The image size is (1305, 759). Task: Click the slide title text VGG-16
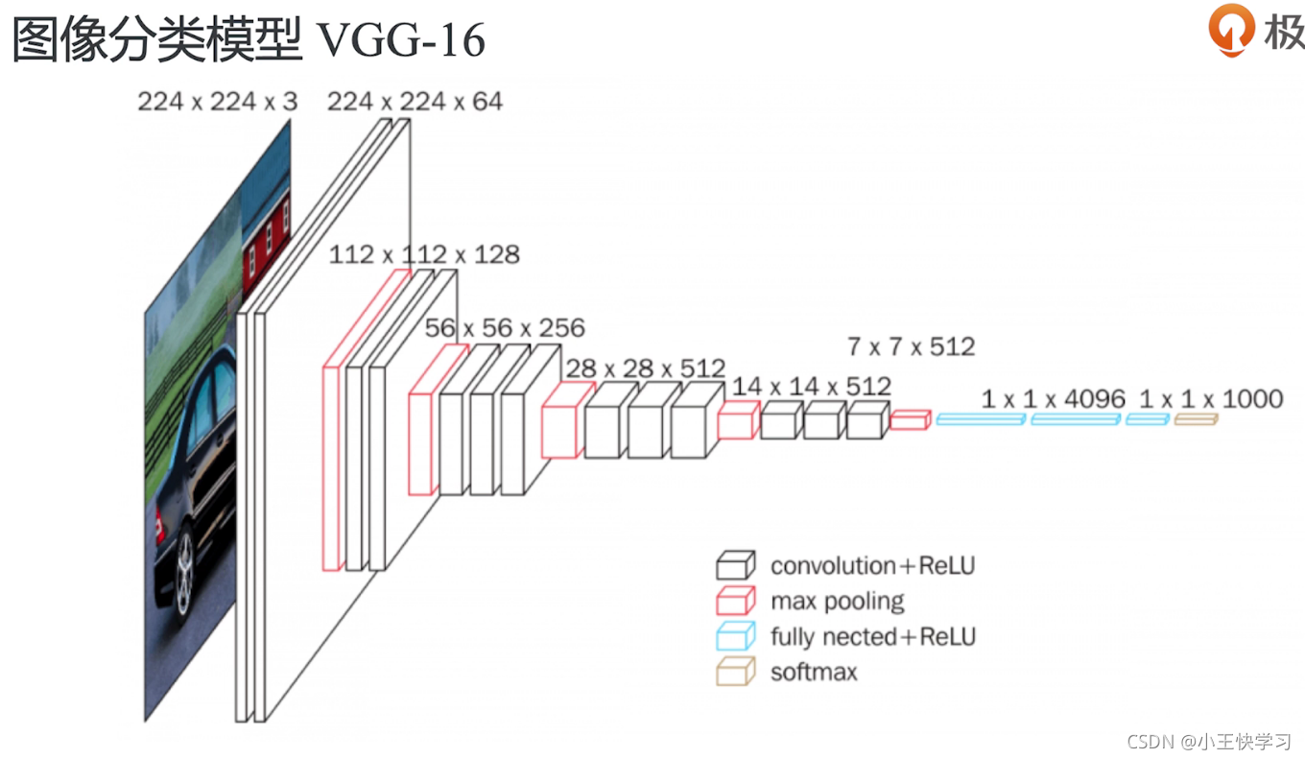401,39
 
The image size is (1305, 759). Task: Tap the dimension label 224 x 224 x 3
217,102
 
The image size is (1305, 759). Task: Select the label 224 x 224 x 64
415,102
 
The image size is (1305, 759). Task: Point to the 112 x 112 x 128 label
424,254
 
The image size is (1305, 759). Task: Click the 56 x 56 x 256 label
505,328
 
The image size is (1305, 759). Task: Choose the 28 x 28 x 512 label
646,368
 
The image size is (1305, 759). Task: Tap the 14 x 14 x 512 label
812,386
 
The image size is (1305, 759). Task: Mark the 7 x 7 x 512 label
912,346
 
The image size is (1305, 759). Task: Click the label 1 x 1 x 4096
1054,399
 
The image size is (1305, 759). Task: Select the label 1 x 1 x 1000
1211,399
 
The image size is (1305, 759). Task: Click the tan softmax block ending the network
1196,418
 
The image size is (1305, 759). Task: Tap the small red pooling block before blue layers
911,419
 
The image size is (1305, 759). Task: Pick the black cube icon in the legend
736,565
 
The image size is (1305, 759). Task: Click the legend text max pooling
837,601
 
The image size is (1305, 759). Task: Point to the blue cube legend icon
736,635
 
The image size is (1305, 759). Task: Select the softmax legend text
814,673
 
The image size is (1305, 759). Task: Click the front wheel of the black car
184,574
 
